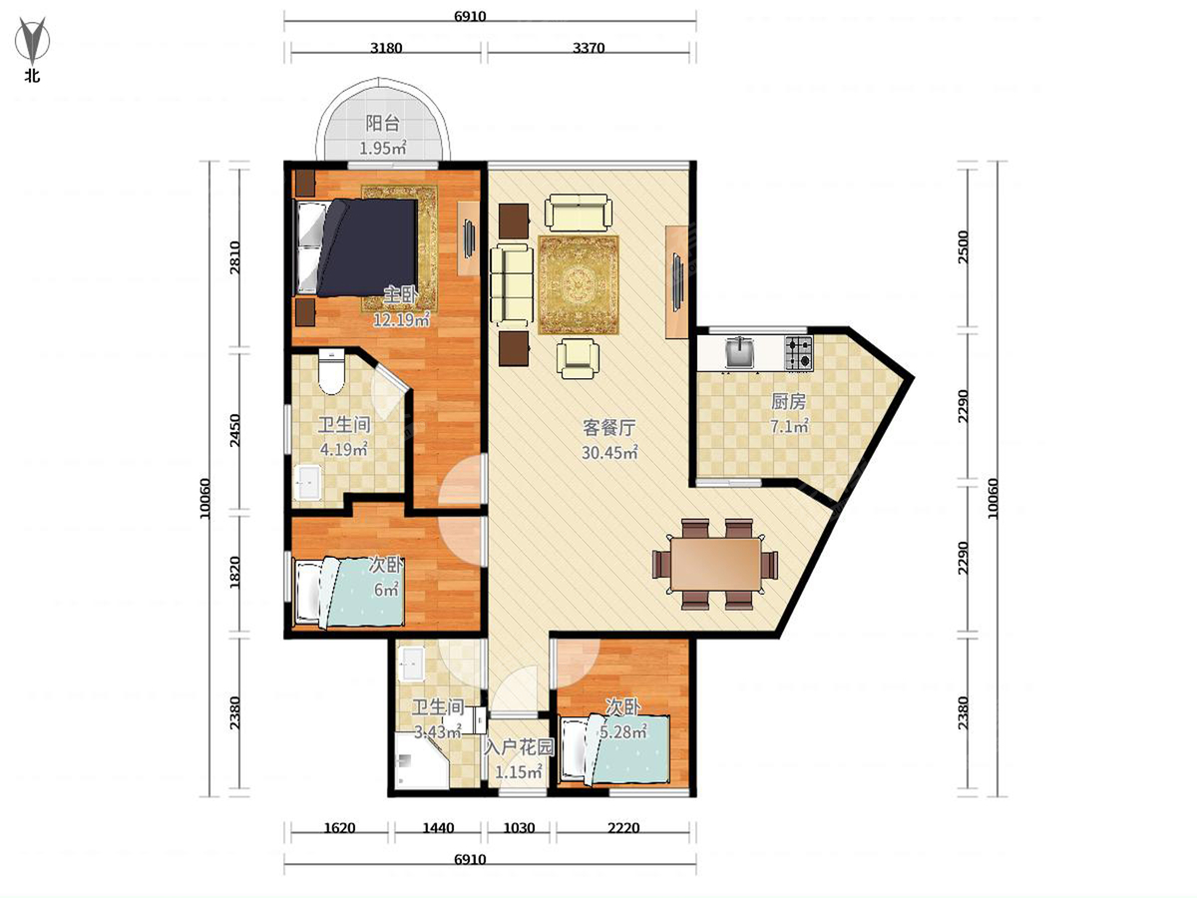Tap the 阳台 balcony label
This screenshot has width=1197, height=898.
(382, 123)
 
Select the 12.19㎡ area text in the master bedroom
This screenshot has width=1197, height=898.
(401, 319)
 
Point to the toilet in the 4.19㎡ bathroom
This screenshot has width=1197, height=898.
(331, 372)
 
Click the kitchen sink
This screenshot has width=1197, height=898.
(740, 352)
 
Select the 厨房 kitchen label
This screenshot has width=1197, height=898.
(788, 402)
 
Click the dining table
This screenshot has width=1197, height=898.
(715, 564)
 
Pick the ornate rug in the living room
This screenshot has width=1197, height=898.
(578, 284)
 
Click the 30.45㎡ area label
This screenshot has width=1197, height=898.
(609, 453)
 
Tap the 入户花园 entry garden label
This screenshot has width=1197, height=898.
(519, 747)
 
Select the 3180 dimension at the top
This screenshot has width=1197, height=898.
(386, 48)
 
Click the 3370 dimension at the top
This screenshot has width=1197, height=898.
(589, 48)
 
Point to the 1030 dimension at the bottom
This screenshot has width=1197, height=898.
(519, 828)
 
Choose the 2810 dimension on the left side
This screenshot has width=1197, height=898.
(234, 257)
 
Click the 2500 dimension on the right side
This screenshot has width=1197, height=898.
(964, 247)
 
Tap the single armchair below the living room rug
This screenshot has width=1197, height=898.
(578, 358)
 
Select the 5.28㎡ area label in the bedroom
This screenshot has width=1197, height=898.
(623, 731)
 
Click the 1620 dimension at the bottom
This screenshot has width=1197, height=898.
(339, 828)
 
